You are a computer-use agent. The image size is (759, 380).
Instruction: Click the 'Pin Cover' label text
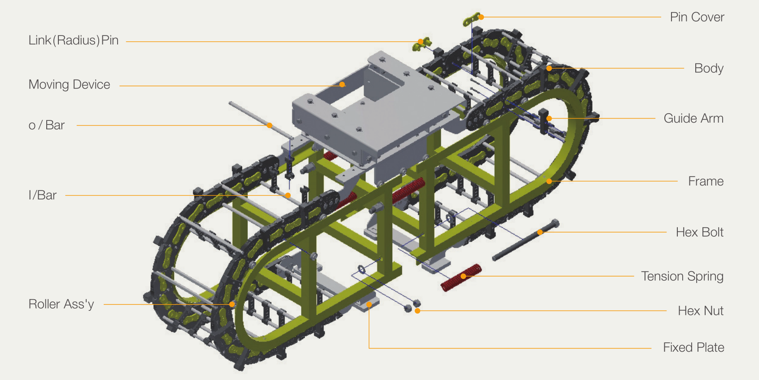tap(697, 17)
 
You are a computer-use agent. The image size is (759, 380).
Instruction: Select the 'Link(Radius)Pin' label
tap(74, 40)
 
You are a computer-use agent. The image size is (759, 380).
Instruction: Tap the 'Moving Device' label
tap(69, 84)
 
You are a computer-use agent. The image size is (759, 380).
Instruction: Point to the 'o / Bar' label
tap(46, 125)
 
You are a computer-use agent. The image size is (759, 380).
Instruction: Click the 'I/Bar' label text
tap(42, 195)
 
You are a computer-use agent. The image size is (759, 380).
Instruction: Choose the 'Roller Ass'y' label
tap(61, 304)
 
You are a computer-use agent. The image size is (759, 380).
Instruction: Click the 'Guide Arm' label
tap(693, 118)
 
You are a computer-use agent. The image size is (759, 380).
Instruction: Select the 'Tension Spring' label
tap(682, 276)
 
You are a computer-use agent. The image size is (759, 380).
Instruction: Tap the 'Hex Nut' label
tap(700, 310)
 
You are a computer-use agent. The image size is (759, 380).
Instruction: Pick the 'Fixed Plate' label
tap(693, 348)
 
